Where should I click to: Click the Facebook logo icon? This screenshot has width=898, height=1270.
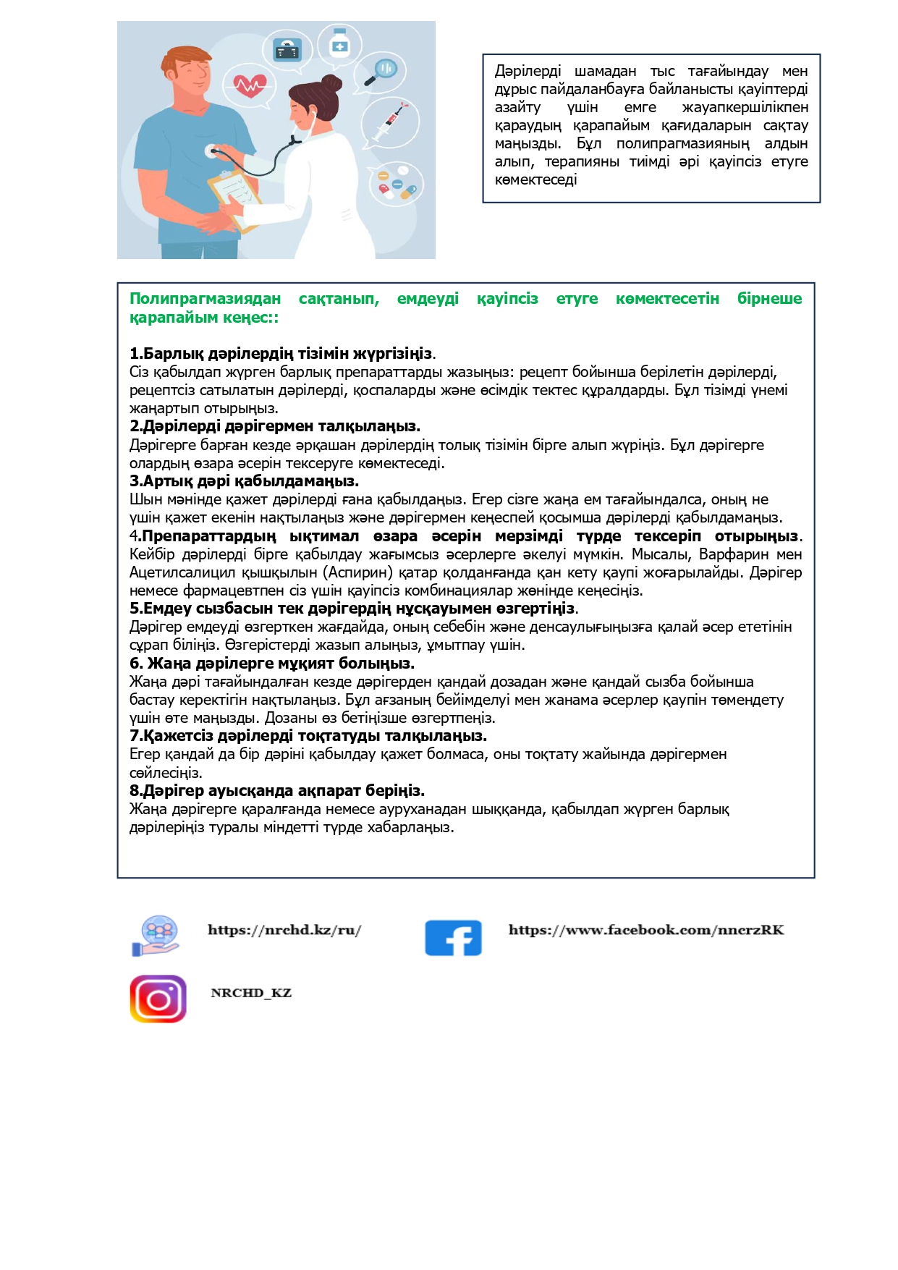point(453,938)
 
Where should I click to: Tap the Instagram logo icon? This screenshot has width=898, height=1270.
point(158,999)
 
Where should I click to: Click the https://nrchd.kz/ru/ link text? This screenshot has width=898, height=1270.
point(284,930)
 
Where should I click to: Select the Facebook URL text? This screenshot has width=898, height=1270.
point(646,930)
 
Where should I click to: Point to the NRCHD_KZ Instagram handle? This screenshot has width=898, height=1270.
point(251,993)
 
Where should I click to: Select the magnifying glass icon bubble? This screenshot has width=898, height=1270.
point(381,71)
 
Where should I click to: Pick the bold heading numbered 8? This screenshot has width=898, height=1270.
point(277,790)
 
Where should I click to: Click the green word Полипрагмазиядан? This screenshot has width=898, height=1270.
point(205,299)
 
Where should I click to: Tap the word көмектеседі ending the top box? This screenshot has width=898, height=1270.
point(535,179)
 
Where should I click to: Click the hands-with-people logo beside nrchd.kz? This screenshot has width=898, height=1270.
point(157,935)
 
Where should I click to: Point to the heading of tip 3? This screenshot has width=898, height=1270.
point(244,481)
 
